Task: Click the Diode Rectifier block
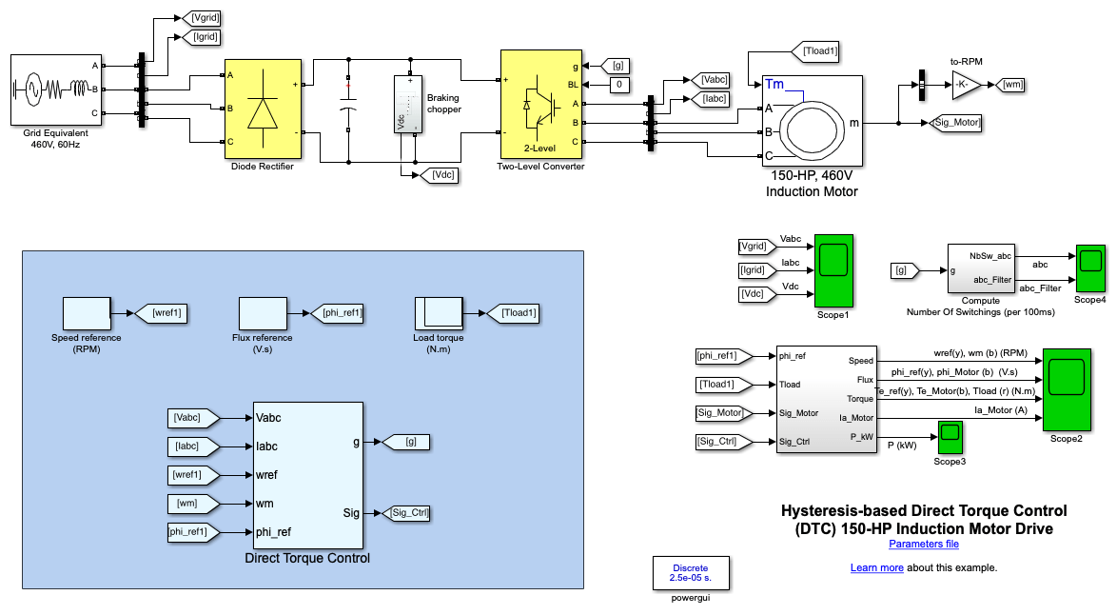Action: pyautogui.click(x=263, y=109)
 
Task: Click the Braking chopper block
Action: pyautogui.click(x=409, y=105)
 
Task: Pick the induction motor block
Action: pyautogui.click(x=811, y=121)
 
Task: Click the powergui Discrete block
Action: pyautogui.click(x=691, y=573)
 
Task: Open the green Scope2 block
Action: pyautogui.click(x=1067, y=390)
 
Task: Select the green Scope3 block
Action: pyautogui.click(x=950, y=437)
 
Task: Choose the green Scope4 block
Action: pyautogui.click(x=1090, y=268)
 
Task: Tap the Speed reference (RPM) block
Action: pyautogui.click(x=88, y=312)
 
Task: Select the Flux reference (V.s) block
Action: pyautogui.click(x=263, y=312)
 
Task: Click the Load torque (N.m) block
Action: pyautogui.click(x=438, y=312)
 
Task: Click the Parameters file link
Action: pyautogui.click(x=923, y=545)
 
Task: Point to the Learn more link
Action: pyautogui.click(x=876, y=567)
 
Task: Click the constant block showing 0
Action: pyautogui.click(x=619, y=85)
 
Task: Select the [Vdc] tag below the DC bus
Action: pyautogui.click(x=442, y=174)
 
